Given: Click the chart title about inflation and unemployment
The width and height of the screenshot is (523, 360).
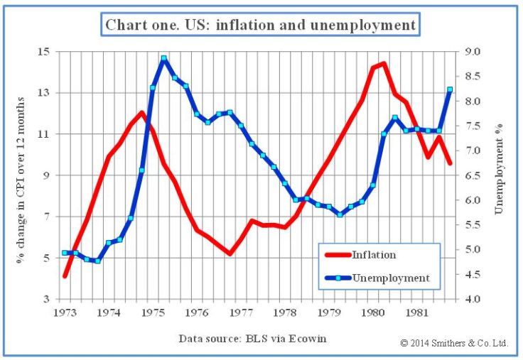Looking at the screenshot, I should click(x=261, y=25).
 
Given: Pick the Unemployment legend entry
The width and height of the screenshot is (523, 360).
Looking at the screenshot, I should click(x=390, y=278).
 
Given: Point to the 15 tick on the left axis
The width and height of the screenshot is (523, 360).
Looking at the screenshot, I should click(x=44, y=52).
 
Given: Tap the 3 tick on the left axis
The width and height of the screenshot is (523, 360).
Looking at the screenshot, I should click(x=46, y=299).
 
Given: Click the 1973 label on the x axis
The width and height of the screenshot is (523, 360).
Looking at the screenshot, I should click(x=65, y=312).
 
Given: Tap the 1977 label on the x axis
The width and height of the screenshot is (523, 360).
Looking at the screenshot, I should click(x=242, y=312).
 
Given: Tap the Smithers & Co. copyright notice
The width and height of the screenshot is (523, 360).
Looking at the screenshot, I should click(x=454, y=343).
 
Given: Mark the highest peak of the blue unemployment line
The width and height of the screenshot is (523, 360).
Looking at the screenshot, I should click(x=163, y=59).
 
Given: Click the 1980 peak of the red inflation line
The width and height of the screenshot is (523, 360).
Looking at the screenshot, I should click(x=384, y=64).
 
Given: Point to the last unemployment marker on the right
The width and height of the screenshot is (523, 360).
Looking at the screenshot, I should click(x=450, y=89).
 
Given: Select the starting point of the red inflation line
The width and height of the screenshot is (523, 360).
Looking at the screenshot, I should click(x=65, y=276).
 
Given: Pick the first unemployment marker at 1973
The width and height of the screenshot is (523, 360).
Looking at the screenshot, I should click(x=65, y=253).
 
